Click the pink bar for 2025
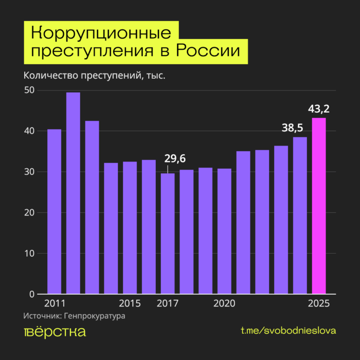coord(319,206)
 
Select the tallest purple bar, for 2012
coord(73,193)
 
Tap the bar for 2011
coord(54,211)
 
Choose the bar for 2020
coord(224,231)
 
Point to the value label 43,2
coord(319,109)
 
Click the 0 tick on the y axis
coord(31,295)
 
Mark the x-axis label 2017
coord(168,303)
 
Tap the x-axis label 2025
coord(319,303)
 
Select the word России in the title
coord(208,52)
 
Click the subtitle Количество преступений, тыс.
coord(94,76)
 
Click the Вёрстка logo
coord(55,332)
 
